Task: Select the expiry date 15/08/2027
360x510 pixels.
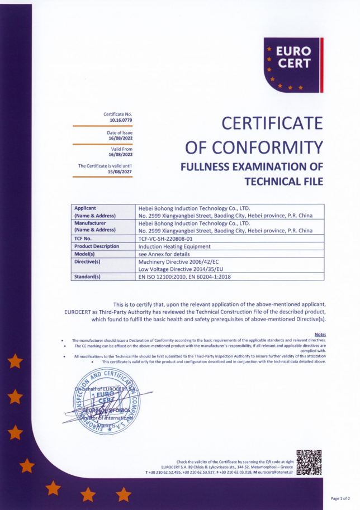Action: [121, 171]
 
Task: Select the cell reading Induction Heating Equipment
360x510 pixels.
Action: [174, 246]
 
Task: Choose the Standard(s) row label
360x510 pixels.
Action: [87, 277]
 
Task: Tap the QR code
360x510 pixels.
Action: [309, 462]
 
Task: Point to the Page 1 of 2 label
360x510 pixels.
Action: [340, 498]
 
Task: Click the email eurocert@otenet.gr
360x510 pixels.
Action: [276, 473]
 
